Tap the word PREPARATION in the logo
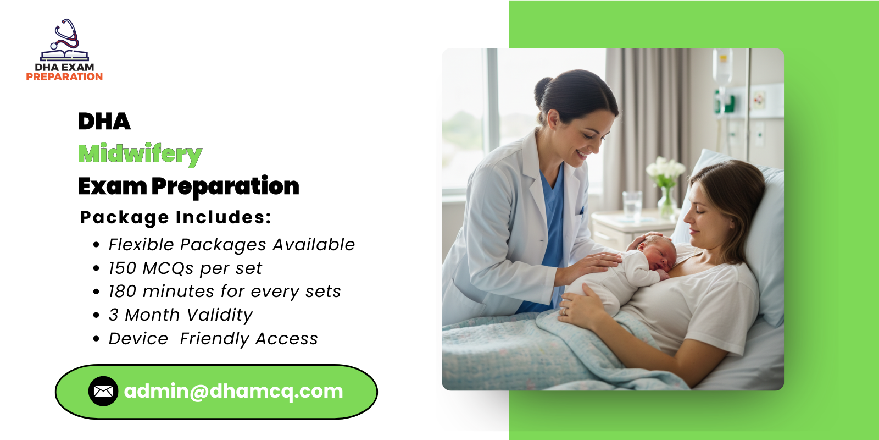point(64,77)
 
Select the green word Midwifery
point(140,154)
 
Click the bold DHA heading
point(104,122)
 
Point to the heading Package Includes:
point(176,217)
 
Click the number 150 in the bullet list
point(122,268)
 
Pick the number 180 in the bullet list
point(122,291)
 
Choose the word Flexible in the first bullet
point(141,245)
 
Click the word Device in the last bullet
point(138,339)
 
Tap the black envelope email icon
point(103,391)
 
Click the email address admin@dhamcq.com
point(233,391)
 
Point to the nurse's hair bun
point(543,88)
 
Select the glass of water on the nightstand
point(632,204)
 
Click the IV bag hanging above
point(722,66)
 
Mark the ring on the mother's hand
point(564,311)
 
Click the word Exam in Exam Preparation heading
point(112,186)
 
